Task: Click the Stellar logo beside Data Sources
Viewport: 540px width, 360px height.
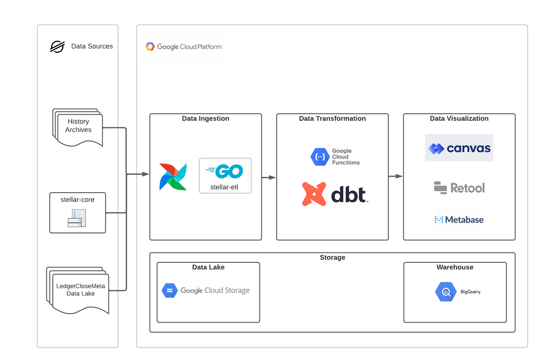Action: click(x=57, y=47)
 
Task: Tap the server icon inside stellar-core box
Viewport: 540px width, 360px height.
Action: click(x=77, y=218)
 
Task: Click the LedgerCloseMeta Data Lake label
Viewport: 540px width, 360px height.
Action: click(x=81, y=290)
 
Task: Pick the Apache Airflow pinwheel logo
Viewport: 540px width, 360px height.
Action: click(x=173, y=177)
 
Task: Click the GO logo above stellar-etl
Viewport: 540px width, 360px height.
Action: click(x=225, y=171)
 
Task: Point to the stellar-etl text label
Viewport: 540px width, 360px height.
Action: click(x=224, y=187)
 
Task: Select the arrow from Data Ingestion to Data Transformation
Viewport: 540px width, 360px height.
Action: click(x=269, y=178)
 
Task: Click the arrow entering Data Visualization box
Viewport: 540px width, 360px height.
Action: click(x=396, y=176)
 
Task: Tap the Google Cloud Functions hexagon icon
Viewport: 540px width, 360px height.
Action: click(x=320, y=157)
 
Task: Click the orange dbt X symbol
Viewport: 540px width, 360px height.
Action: click(x=314, y=194)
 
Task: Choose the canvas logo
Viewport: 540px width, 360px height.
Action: click(x=459, y=148)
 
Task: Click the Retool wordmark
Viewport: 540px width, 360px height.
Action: click(x=467, y=188)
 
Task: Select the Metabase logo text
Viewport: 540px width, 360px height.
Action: click(x=464, y=220)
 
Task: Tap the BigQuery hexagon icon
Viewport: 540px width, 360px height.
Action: click(x=446, y=292)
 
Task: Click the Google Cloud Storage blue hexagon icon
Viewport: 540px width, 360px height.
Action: click(x=169, y=290)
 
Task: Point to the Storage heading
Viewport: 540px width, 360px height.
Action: click(x=332, y=258)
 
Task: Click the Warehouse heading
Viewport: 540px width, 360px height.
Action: click(x=455, y=267)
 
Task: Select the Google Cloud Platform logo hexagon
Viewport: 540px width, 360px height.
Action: click(x=150, y=47)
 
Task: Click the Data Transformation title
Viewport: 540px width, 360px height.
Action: click(x=332, y=119)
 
